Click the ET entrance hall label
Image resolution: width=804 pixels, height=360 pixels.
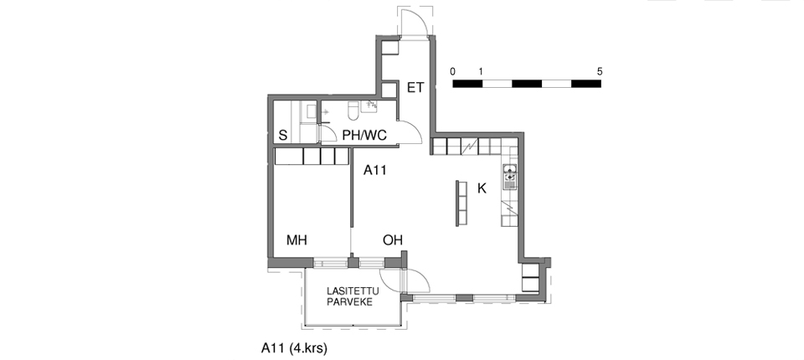pos(415,88)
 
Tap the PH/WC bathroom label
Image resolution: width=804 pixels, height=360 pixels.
pos(364,136)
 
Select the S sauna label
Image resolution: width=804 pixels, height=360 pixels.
pos(282,136)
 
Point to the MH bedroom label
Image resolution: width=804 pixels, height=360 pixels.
pos(296,239)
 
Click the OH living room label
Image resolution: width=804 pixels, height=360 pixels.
pos(393,240)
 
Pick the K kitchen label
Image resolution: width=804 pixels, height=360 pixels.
pos(482,188)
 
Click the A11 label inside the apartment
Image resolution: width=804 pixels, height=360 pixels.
pos(374,170)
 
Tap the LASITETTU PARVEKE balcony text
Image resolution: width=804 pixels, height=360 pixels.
pos(353,296)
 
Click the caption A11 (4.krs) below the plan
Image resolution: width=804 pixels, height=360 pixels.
pos(294,348)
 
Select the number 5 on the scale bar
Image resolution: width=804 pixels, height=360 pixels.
pos(600,71)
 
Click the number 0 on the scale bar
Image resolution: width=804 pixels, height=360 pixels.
pos(453,71)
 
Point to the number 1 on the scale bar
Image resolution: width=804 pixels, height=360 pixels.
pos(481,71)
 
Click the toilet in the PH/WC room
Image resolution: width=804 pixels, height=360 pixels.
pos(353,111)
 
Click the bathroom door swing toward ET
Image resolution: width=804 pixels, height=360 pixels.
pos(410,133)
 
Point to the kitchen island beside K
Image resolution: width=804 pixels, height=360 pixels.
pos(461,203)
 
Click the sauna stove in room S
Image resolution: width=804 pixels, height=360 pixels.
pos(310,111)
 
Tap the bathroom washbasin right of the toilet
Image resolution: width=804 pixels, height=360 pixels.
pos(369,106)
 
